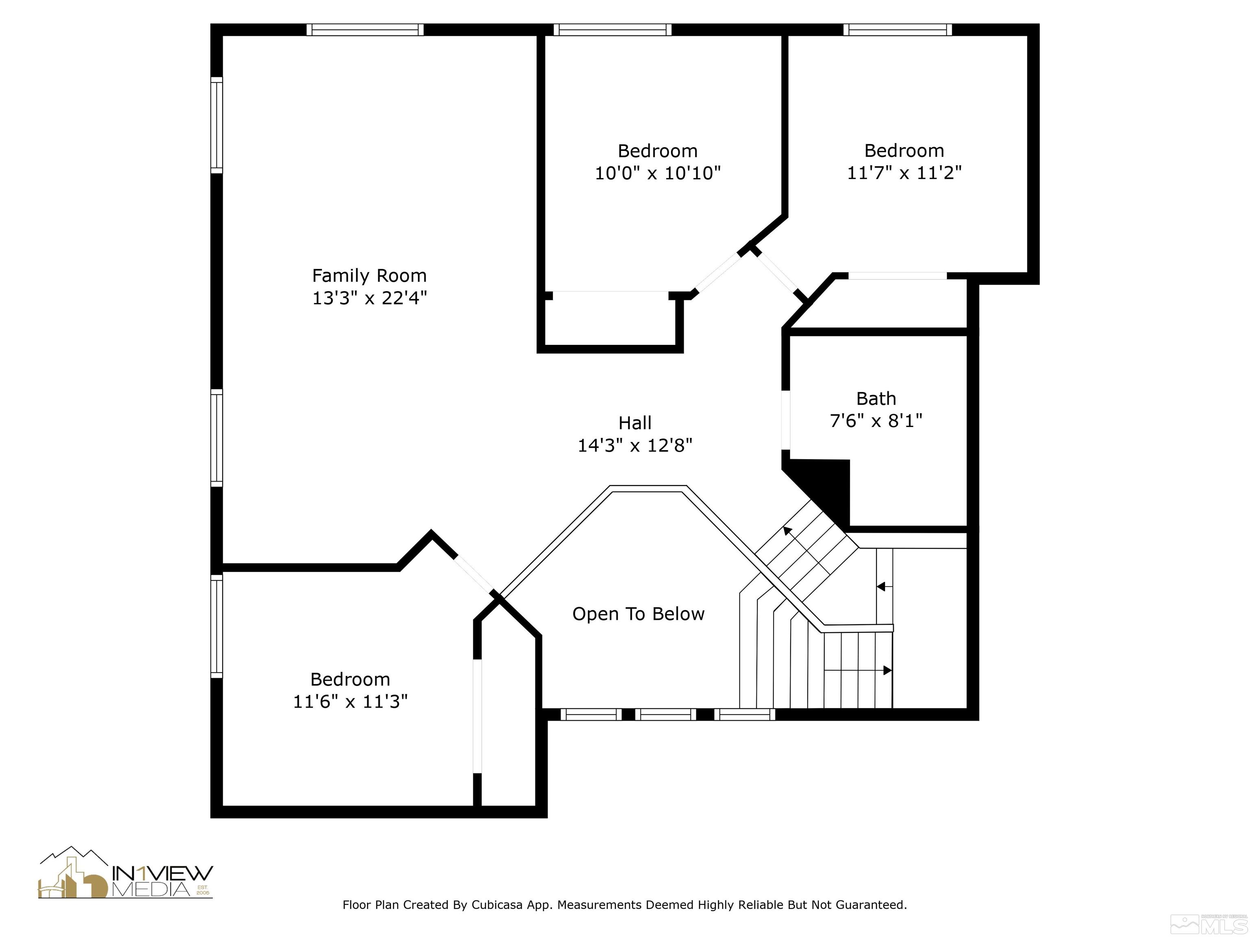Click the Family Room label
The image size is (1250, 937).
[x=369, y=276]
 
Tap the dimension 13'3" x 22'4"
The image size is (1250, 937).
[x=369, y=298]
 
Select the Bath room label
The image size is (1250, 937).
[x=876, y=399]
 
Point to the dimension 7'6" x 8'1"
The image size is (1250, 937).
[x=876, y=421]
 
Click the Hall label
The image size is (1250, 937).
[x=635, y=423]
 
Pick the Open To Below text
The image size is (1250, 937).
[x=638, y=614]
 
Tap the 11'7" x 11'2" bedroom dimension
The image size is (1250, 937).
[x=904, y=172]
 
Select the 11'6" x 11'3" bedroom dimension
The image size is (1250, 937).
[x=350, y=702]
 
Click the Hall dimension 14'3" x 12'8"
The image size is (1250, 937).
[x=635, y=446]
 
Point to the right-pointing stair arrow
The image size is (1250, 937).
[x=887, y=670]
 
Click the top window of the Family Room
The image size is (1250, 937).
[x=365, y=29]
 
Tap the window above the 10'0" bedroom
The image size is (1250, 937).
[x=612, y=29]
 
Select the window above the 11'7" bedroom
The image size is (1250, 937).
[x=897, y=29]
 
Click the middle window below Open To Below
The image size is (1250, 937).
[x=665, y=715]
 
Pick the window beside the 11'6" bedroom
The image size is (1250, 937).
[x=216, y=626]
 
